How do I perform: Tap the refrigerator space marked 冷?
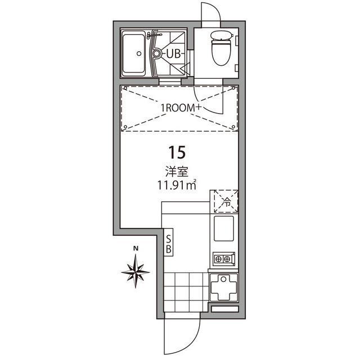click(227, 201)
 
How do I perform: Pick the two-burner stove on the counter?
click(223, 259)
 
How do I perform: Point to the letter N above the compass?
click(136, 249)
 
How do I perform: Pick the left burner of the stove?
click(218, 259)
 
